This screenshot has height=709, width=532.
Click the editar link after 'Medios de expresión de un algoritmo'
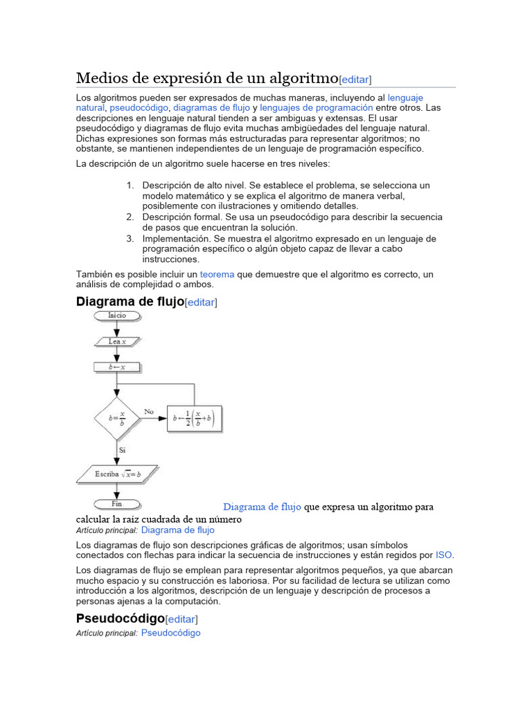[x=355, y=79]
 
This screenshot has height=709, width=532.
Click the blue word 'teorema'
[x=217, y=274]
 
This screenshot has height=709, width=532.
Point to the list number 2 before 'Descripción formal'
[x=130, y=217]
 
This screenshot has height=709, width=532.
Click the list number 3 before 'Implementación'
[x=130, y=238]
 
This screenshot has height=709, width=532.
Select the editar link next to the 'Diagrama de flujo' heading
[x=201, y=303]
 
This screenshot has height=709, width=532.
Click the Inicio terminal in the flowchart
[x=117, y=316]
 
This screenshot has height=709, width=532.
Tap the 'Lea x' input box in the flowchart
[x=117, y=341]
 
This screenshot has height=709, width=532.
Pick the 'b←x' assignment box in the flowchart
[x=117, y=367]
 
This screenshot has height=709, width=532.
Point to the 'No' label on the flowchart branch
[x=149, y=412]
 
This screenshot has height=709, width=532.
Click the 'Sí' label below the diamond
[x=121, y=450]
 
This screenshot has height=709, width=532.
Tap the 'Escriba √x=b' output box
[x=117, y=474]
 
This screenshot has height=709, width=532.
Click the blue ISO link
[x=443, y=555]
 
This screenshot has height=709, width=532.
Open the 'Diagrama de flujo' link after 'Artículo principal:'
[x=178, y=530]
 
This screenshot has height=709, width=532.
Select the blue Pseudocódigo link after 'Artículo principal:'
[x=171, y=633]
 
